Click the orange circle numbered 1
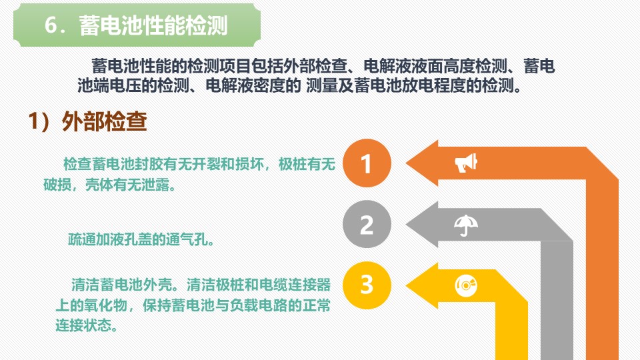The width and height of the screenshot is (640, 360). click(367, 163)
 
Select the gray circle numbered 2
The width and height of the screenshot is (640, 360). click(367, 224)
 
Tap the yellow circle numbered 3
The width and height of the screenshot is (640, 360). click(367, 285)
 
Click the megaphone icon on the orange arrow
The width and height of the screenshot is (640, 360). click(466, 163)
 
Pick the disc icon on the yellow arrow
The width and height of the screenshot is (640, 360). click(466, 285)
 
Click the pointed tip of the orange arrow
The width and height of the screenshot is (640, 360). click(406, 163)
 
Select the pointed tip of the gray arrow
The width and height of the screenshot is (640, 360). click(406, 225)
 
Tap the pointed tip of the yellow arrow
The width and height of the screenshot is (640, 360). click(406, 285)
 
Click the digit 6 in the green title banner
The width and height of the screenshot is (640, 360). click(51, 25)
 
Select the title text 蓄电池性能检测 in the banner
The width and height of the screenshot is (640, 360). click(153, 25)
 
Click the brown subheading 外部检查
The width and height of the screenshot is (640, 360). click(104, 121)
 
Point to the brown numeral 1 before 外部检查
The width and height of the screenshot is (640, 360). click(33, 121)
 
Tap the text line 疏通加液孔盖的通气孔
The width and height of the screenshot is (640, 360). click(141, 239)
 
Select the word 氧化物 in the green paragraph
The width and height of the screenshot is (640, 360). click(106, 305)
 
